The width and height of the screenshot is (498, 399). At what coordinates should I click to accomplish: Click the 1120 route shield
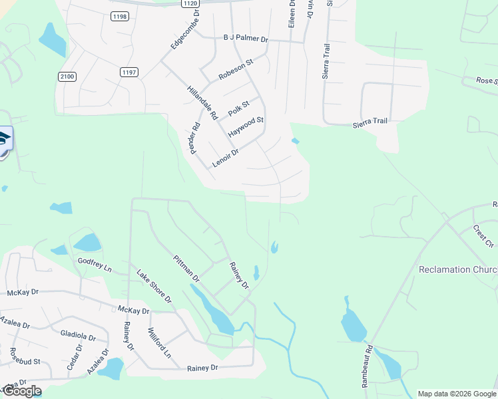pyautogui.click(x=189, y=3)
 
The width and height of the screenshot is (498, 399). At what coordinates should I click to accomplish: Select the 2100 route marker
pyautogui.click(x=67, y=76)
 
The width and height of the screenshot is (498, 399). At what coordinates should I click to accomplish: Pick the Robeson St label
pyautogui.click(x=236, y=69)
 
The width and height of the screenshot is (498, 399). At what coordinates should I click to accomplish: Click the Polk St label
pyautogui.click(x=238, y=106)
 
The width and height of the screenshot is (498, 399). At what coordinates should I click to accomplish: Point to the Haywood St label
pyautogui.click(x=246, y=128)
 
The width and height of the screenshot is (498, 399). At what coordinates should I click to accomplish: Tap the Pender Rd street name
pyautogui.click(x=195, y=138)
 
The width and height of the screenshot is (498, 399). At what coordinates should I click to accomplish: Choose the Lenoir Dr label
pyautogui.click(x=225, y=158)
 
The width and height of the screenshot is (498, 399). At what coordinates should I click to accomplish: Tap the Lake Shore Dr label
pyautogui.click(x=154, y=287)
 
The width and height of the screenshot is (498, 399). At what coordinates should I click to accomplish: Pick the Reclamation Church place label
pyautogui.click(x=457, y=270)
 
